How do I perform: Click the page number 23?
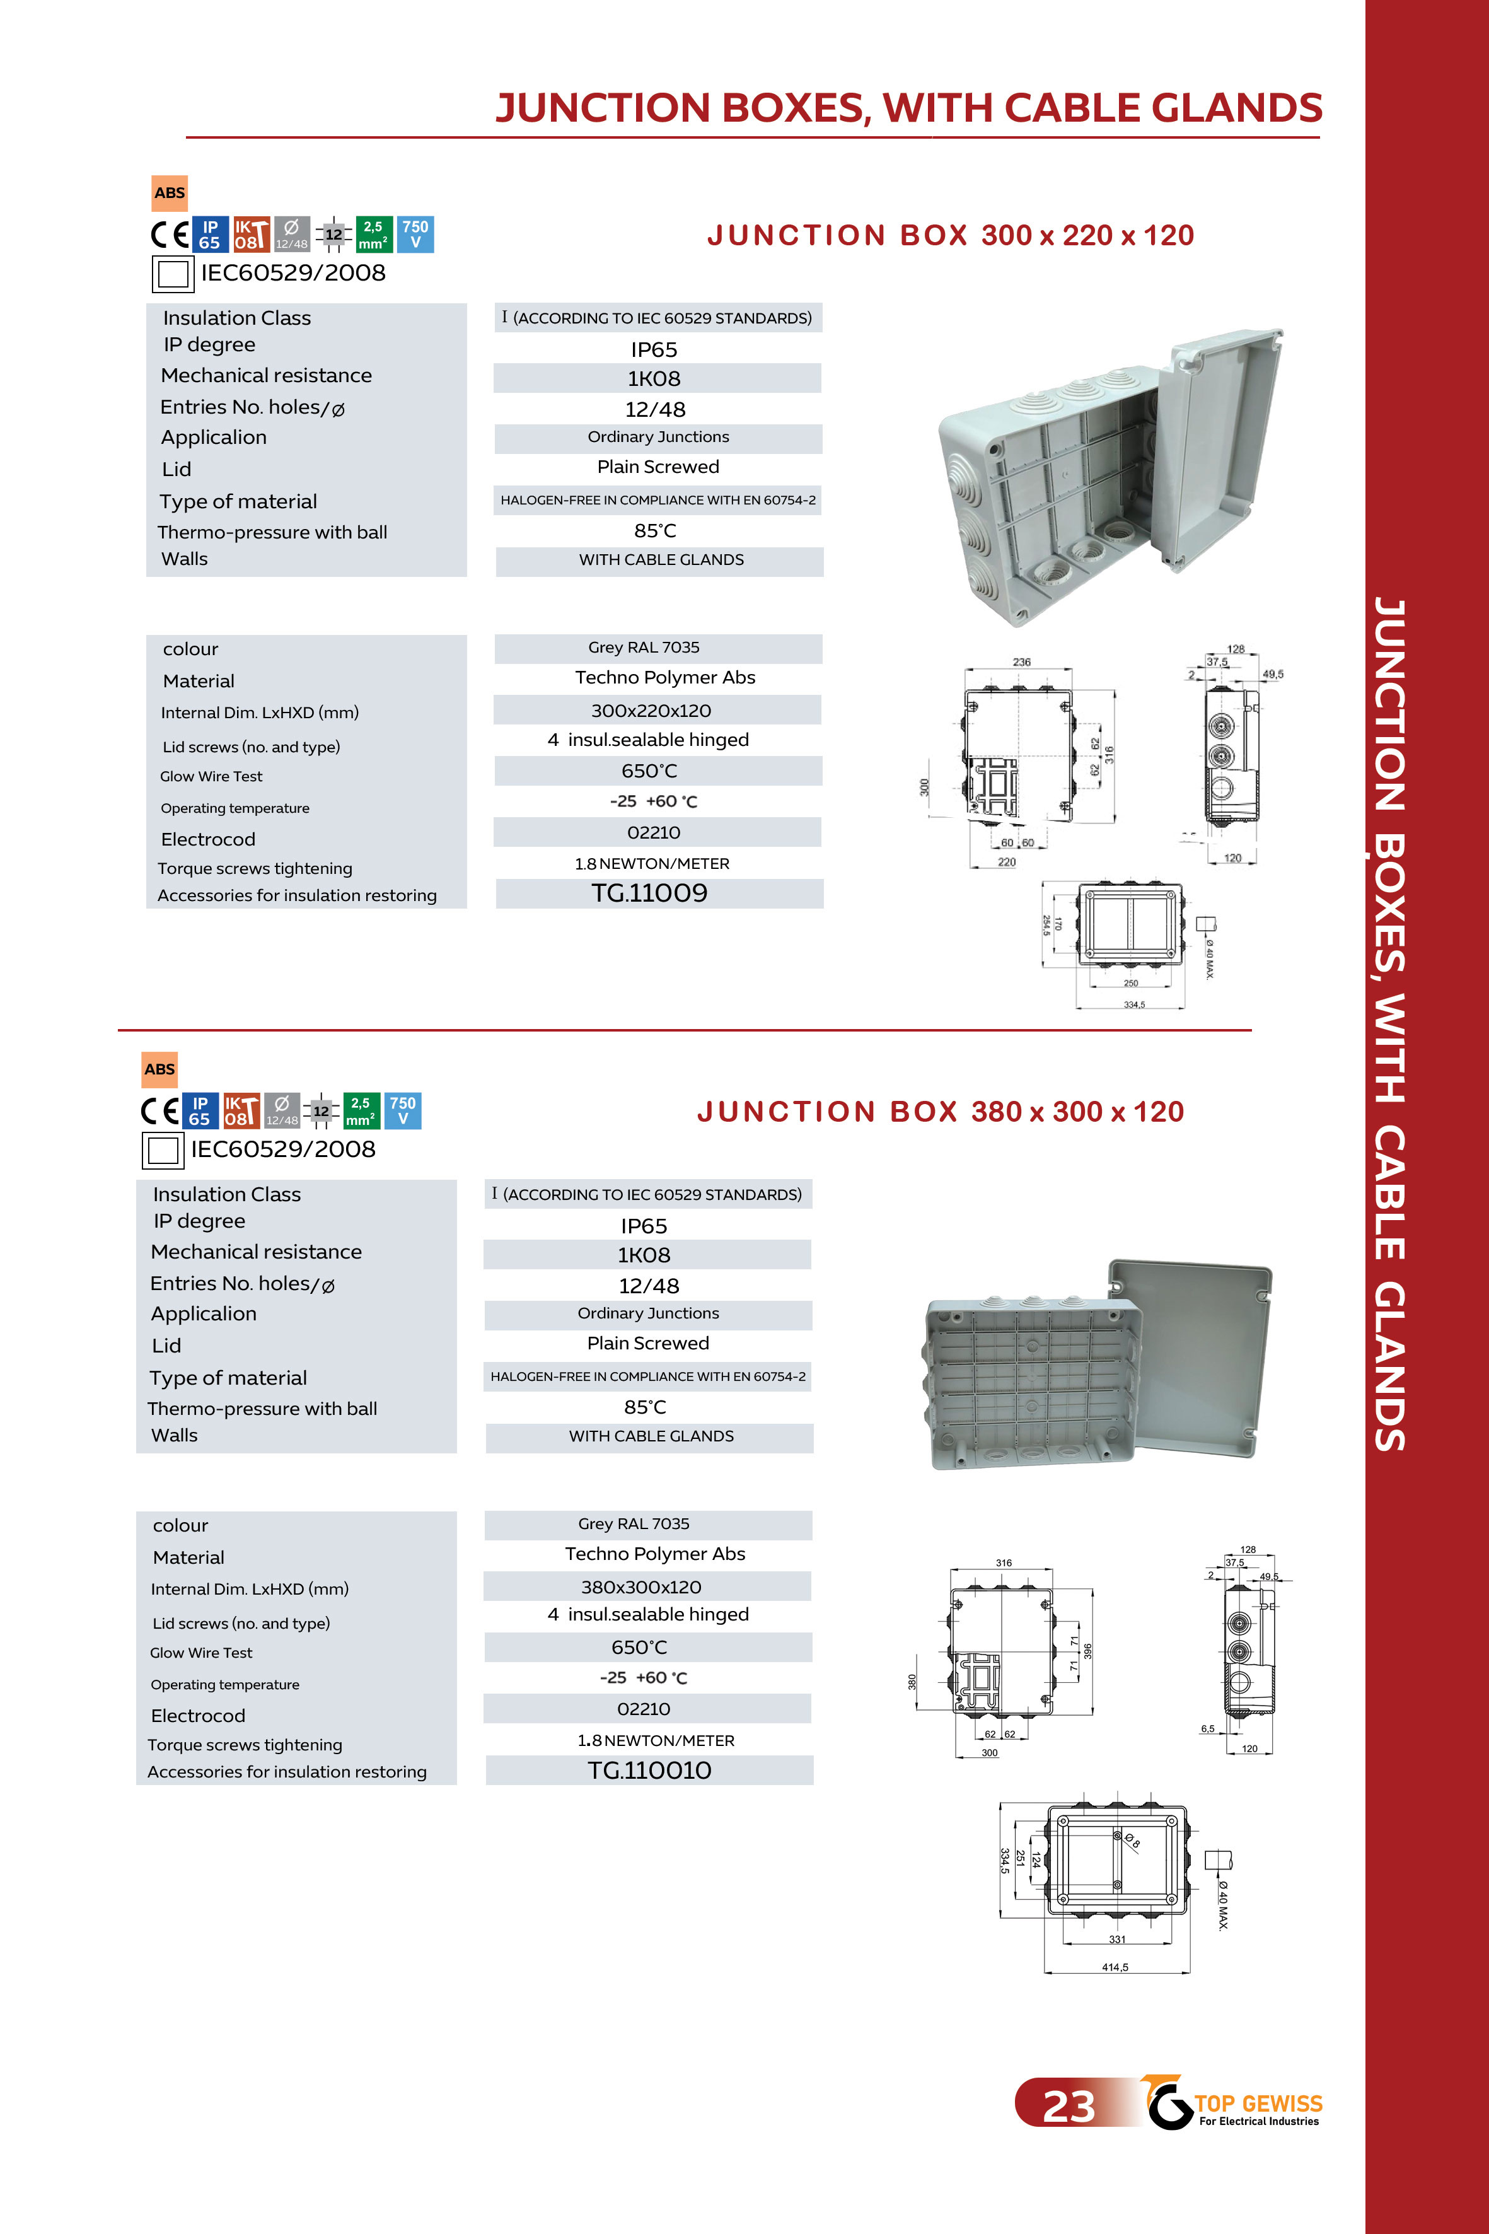click(1069, 2107)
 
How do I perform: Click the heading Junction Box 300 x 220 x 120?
click(949, 236)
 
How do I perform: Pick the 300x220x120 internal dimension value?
click(651, 711)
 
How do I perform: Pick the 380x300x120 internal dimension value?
click(641, 1587)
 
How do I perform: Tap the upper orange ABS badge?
click(170, 193)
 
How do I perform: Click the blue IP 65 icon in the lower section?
click(199, 1111)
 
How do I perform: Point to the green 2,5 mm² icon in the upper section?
click(373, 235)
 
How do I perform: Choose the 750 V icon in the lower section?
click(403, 1111)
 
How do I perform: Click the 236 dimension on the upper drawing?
click(1021, 662)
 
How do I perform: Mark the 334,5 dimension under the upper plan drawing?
click(1134, 1004)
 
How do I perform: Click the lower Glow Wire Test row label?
click(201, 1653)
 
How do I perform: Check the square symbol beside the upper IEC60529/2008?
click(173, 274)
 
